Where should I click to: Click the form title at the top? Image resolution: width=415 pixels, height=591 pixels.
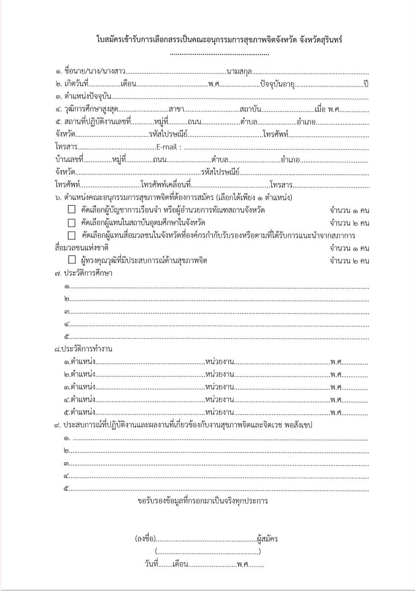[219, 40]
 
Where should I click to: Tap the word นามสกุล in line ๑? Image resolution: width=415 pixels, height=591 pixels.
[239, 72]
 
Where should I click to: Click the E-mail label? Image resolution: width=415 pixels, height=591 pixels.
[169, 147]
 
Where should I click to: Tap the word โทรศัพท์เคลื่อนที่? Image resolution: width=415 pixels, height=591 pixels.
[166, 185]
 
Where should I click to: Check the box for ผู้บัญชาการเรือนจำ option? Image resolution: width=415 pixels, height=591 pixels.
[72, 210]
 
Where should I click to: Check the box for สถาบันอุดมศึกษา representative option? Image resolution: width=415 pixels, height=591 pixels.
[72, 223]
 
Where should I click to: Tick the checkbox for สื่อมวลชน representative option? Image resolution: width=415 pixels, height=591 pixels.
[72, 235]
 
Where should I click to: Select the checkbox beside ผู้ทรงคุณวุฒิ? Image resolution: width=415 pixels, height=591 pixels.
[72, 260]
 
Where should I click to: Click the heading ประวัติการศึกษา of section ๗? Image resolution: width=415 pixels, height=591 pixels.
[88, 273]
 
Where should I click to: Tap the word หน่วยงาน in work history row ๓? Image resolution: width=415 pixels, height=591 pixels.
[219, 387]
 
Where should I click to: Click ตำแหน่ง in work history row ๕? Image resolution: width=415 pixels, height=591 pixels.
[83, 412]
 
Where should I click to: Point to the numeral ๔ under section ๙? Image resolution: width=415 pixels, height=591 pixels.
[67, 476]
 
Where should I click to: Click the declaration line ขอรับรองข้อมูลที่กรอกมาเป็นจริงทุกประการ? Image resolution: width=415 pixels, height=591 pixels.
[202, 501]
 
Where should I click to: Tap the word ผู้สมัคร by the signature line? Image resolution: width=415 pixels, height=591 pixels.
[267, 539]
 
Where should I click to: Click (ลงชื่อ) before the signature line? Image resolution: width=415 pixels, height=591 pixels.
[145, 539]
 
